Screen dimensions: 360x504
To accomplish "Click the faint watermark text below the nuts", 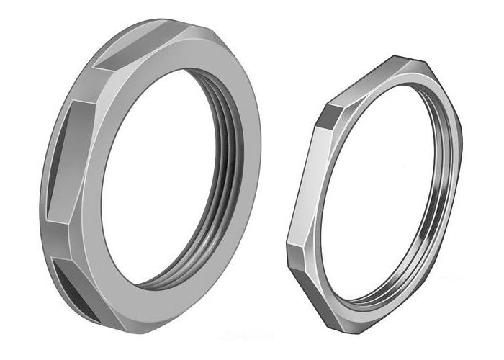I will (249, 335).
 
